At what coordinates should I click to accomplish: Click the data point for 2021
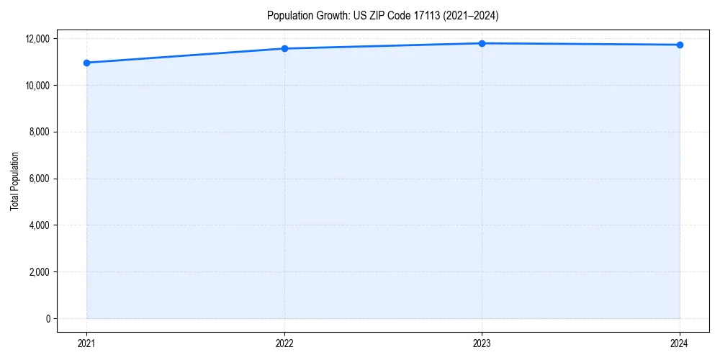coord(86,63)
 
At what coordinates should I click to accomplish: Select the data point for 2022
coord(284,48)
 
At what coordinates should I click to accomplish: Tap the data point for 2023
coord(482,43)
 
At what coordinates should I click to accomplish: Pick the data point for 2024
coord(680,45)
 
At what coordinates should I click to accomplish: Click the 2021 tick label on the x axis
coord(86,343)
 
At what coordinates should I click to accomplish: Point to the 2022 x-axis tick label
coord(284,343)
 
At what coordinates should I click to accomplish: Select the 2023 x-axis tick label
coord(482,343)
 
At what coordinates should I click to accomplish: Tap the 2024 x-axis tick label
coord(680,343)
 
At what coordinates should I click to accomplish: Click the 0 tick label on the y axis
coord(48,319)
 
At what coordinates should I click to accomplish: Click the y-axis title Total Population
coord(14,181)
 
